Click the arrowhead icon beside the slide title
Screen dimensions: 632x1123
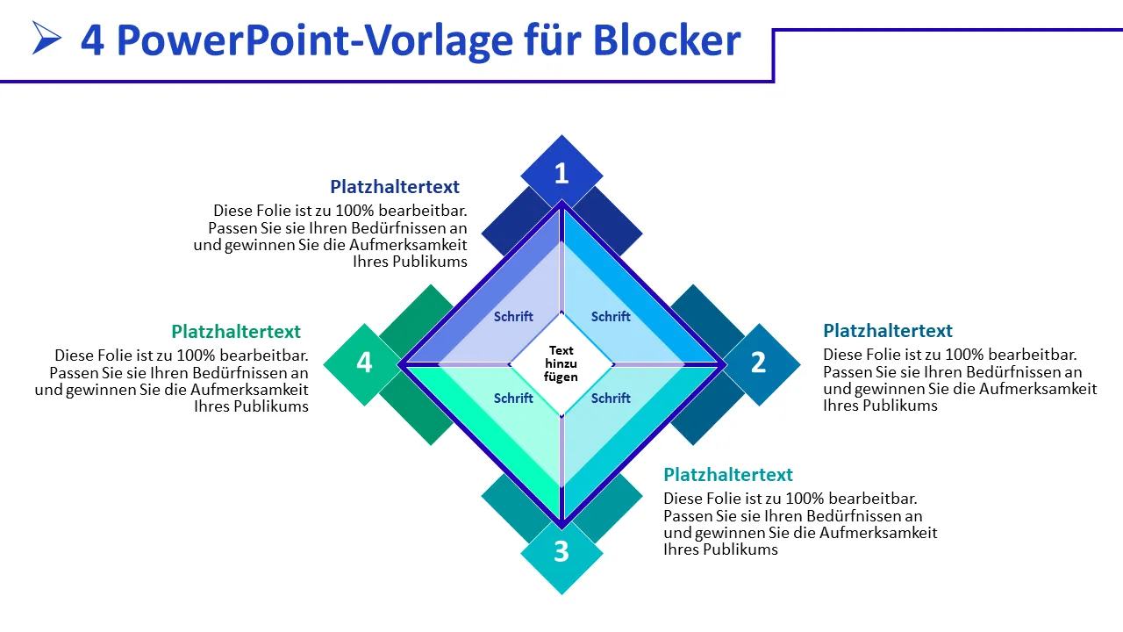point(46,38)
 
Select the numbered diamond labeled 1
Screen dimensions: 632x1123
point(561,174)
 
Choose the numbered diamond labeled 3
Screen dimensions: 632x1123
point(561,552)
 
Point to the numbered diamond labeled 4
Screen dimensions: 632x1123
point(363,363)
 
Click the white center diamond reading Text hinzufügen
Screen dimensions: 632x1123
point(561,363)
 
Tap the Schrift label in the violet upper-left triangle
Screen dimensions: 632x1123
point(513,317)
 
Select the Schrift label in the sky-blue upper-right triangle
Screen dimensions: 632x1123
point(611,317)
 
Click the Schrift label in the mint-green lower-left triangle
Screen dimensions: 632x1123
point(513,399)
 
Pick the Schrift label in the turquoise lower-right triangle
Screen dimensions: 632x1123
point(611,399)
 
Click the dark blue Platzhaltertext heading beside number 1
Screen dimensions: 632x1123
point(395,187)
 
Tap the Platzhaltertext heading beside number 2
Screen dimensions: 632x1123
point(888,331)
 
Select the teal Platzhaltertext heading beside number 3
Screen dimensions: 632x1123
point(728,475)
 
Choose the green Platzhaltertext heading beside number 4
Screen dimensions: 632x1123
point(236,332)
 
